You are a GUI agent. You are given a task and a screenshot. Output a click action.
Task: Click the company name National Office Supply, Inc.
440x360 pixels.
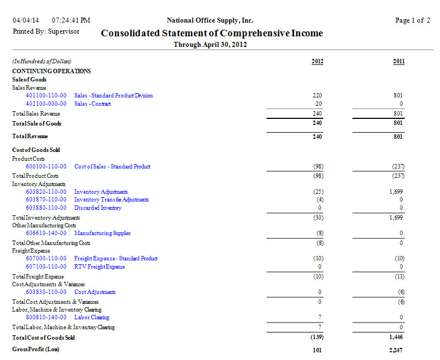click(x=210, y=20)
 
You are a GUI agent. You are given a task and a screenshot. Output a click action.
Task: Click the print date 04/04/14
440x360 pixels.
click(x=26, y=20)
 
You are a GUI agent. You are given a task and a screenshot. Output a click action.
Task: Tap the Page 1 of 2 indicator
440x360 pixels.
click(x=412, y=20)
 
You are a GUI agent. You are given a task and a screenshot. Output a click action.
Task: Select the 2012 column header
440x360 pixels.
click(x=317, y=61)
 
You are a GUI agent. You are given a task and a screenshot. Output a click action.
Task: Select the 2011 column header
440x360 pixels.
click(x=399, y=61)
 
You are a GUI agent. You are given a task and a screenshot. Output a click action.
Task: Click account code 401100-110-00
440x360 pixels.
click(x=46, y=96)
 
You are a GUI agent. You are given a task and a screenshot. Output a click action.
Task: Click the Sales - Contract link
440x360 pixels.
click(x=93, y=104)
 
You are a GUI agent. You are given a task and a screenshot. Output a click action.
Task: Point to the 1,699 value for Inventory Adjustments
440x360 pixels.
click(x=396, y=192)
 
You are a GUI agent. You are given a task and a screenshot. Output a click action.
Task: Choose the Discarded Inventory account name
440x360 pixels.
click(x=98, y=208)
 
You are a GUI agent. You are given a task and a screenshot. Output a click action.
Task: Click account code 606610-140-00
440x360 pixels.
click(x=46, y=233)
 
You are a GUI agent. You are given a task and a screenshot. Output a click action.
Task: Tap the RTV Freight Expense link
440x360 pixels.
click(x=100, y=267)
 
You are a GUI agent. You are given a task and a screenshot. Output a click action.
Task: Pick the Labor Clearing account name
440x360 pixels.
click(x=92, y=318)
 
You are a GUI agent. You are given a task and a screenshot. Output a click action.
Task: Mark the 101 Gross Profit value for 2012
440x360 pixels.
click(x=317, y=350)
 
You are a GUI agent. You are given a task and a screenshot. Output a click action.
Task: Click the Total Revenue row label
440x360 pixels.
click(x=30, y=137)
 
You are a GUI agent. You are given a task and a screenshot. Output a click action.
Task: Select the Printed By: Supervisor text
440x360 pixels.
click(x=46, y=31)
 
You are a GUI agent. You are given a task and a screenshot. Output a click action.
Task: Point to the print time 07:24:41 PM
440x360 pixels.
click(x=71, y=20)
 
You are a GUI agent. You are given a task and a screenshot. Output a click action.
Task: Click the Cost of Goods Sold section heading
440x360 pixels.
click(x=36, y=150)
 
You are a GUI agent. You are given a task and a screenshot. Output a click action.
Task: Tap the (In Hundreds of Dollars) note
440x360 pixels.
click(x=42, y=61)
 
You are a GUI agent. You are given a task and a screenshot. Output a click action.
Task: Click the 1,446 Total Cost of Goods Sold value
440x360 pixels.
click(x=396, y=337)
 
